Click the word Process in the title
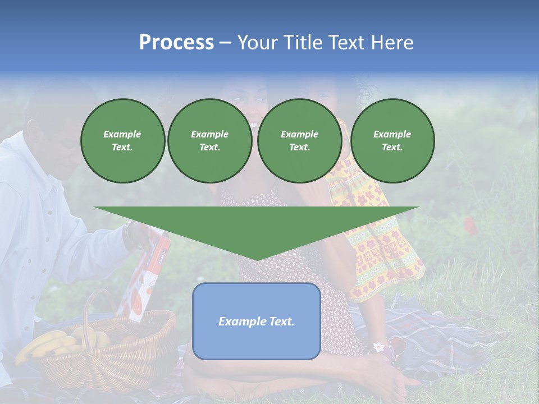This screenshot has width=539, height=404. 176,43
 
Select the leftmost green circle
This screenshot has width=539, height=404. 122,141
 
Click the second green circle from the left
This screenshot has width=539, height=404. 209,141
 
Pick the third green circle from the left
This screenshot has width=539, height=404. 299,141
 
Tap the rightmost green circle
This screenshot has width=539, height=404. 392,141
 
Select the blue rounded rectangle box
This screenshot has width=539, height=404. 256,321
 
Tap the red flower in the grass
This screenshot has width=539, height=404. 471,226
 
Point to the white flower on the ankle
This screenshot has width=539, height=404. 380,347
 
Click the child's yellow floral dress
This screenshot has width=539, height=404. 382,247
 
